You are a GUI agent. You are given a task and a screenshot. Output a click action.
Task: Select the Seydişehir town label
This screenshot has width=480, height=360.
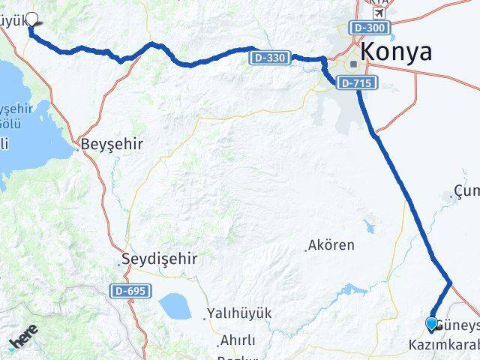point(161,259)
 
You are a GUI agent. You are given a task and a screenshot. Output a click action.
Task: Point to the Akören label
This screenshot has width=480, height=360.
point(333,245)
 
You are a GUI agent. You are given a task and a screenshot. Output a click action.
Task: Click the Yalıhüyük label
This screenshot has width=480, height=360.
point(241,313)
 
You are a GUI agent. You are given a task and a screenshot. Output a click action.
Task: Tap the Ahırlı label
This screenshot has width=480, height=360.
point(238,340)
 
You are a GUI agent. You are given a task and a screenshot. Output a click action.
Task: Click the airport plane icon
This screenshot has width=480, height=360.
point(379,13)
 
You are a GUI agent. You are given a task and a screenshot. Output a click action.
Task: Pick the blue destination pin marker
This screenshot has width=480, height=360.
point(431,323)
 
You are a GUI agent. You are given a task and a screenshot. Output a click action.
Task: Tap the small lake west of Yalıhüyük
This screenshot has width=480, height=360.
point(174,305)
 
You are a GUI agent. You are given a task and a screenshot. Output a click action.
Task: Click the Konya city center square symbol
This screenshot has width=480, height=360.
point(352,64)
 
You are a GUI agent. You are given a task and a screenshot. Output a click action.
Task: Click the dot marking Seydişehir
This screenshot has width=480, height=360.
point(120,262)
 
